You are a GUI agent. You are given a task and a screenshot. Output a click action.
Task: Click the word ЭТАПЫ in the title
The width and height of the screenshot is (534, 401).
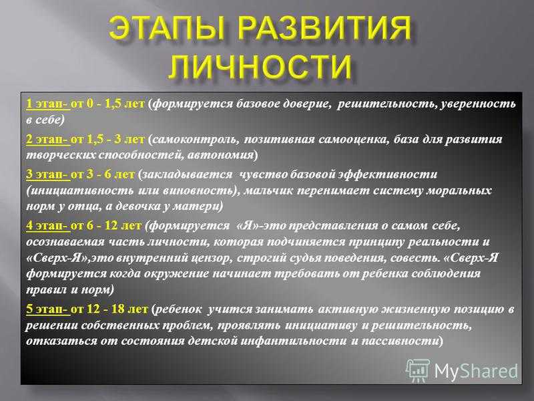(x=168, y=28)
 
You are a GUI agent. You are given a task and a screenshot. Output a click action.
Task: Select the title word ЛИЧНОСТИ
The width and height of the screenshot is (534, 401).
(x=260, y=65)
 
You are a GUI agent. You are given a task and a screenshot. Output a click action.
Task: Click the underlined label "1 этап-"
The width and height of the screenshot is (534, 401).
(x=48, y=104)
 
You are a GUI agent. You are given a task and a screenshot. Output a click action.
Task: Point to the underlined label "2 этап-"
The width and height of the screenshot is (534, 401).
(x=48, y=139)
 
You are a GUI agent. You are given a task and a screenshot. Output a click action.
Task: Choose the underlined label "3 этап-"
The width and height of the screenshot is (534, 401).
(x=48, y=174)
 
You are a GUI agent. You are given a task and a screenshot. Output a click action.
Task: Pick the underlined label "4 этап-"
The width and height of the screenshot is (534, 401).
(x=48, y=225)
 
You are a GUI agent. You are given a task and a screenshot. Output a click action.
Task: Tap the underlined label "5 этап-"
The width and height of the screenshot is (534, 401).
(x=48, y=309)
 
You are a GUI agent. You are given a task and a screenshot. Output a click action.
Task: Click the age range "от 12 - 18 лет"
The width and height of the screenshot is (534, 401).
(x=109, y=309)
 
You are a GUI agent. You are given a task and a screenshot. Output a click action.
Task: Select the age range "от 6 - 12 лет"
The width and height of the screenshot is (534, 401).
(x=106, y=225)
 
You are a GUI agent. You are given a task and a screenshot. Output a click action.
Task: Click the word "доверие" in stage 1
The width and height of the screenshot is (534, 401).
(x=309, y=104)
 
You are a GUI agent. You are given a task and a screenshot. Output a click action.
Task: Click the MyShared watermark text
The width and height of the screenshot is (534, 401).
(x=476, y=371)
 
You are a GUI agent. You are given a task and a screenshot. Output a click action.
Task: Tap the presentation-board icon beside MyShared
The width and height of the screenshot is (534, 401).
(x=418, y=370)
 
